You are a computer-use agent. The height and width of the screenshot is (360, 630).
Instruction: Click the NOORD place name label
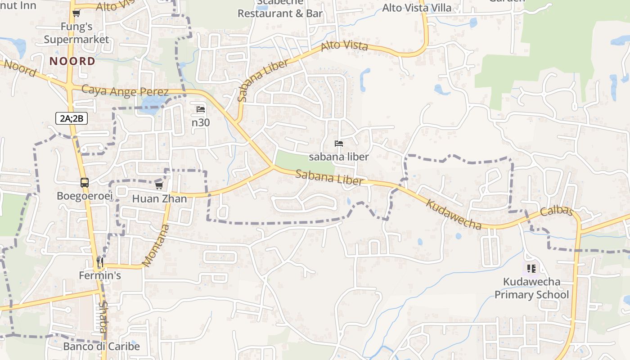point(72,61)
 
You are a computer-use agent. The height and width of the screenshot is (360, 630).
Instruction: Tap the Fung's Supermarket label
point(76,33)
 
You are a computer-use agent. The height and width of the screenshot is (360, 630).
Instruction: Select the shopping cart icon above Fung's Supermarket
point(76,13)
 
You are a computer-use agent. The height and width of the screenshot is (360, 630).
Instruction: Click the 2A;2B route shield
point(72,118)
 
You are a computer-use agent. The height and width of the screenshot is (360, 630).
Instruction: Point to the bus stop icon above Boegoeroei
point(85,183)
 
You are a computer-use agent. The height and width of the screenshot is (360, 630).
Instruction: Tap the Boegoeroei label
point(85,196)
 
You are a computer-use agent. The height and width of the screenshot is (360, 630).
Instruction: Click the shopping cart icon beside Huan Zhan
point(159,185)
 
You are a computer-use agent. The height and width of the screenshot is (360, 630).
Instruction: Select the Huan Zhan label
point(159,198)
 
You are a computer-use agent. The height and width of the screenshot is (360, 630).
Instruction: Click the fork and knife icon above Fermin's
point(100,261)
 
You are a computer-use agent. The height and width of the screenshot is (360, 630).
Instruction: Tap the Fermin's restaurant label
point(100,275)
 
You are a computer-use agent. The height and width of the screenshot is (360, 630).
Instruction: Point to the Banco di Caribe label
point(101,346)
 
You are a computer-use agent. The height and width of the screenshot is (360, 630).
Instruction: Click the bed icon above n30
point(201,109)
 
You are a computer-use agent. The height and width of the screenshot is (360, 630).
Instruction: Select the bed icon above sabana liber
point(339,144)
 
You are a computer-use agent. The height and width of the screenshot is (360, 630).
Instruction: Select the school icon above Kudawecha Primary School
point(531,269)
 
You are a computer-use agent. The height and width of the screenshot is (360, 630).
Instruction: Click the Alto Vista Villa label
point(416,8)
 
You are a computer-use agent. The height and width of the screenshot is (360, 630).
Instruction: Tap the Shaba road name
point(103,317)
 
